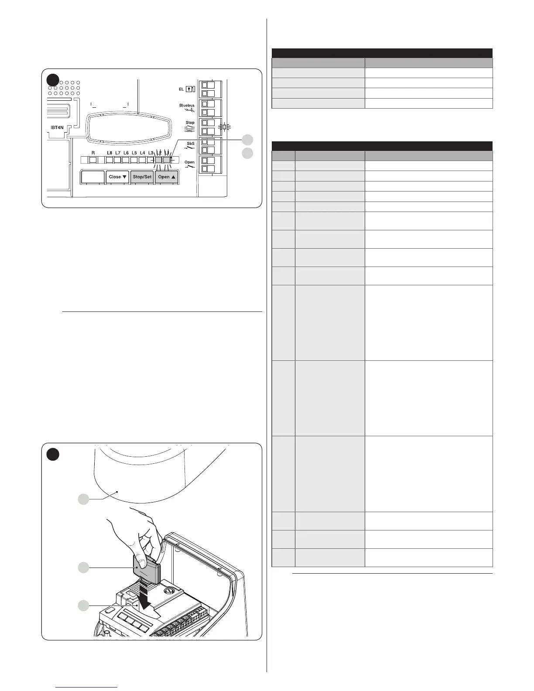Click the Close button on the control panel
[x=118, y=177]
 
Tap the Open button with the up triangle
[x=167, y=177]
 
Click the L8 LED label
[x=109, y=153]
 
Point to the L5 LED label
[x=134, y=153]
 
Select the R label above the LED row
[x=93, y=153]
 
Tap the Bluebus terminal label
[x=187, y=106]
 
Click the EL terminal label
[x=181, y=89]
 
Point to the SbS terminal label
[x=191, y=144]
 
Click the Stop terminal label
[x=190, y=123]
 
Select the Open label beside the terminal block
[x=189, y=162]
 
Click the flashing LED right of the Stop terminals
[x=225, y=127]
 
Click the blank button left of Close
[x=93, y=177]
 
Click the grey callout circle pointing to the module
[x=83, y=568]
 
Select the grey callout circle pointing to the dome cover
[x=83, y=499]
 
